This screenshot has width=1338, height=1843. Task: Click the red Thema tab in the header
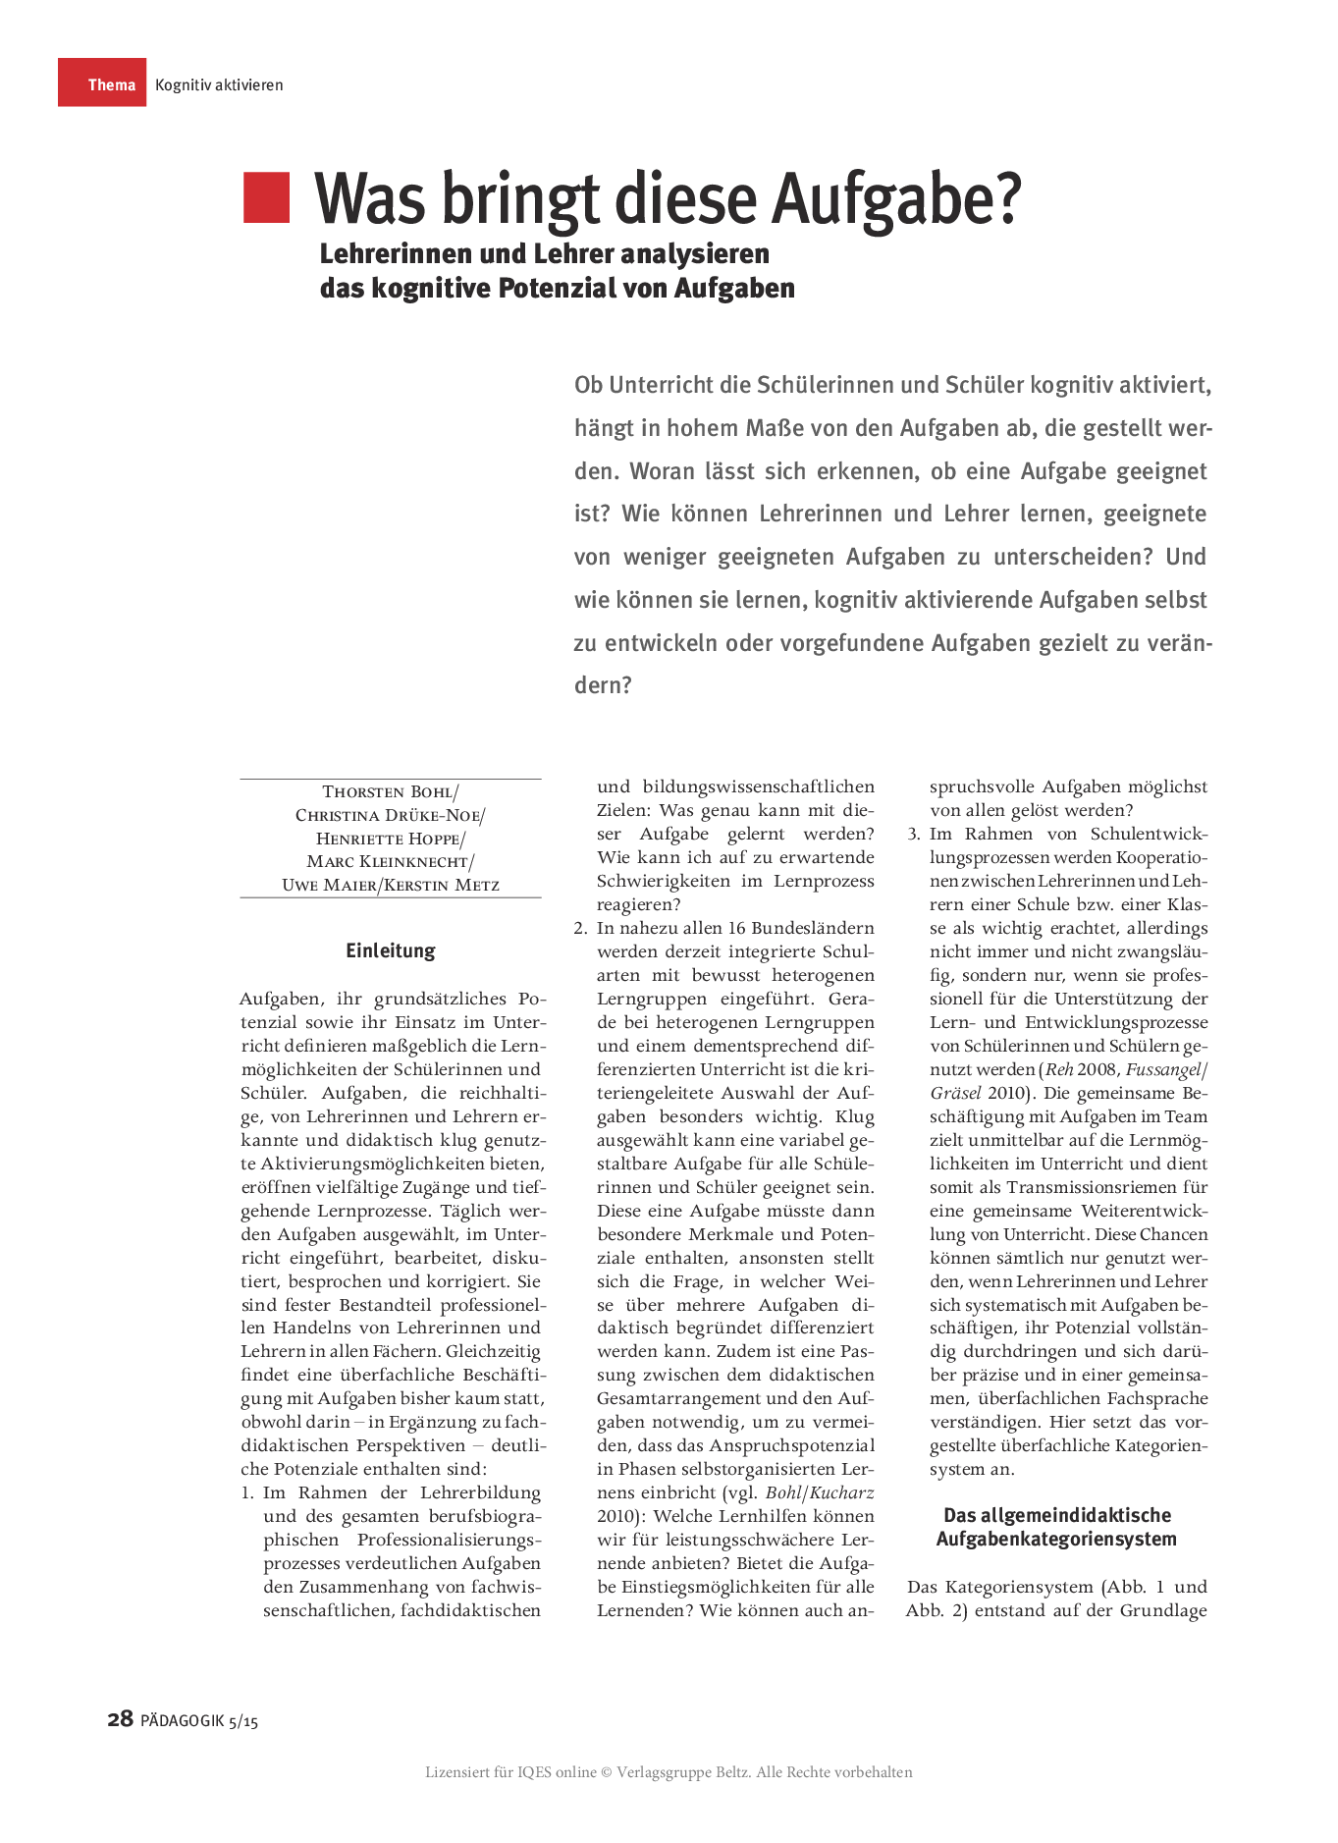pyautogui.click(x=102, y=83)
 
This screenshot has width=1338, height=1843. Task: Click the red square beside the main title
pyautogui.click(x=266, y=197)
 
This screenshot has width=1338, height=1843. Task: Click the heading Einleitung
pyautogui.click(x=390, y=950)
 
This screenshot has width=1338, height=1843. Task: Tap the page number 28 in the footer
pyautogui.click(x=120, y=1719)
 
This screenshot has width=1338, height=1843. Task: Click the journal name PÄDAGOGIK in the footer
pyautogui.click(x=182, y=1720)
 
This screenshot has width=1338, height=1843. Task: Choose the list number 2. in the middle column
pyautogui.click(x=580, y=928)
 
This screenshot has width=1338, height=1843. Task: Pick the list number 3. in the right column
pyautogui.click(x=913, y=834)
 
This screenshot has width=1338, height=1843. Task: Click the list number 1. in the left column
pyautogui.click(x=247, y=1492)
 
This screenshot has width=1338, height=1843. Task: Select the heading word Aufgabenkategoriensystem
pyautogui.click(x=1055, y=1539)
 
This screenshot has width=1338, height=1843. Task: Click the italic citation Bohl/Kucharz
pyautogui.click(x=820, y=1492)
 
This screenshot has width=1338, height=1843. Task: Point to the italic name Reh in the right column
pyautogui.click(x=1059, y=1069)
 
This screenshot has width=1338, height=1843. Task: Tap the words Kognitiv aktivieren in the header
pyautogui.click(x=219, y=84)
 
